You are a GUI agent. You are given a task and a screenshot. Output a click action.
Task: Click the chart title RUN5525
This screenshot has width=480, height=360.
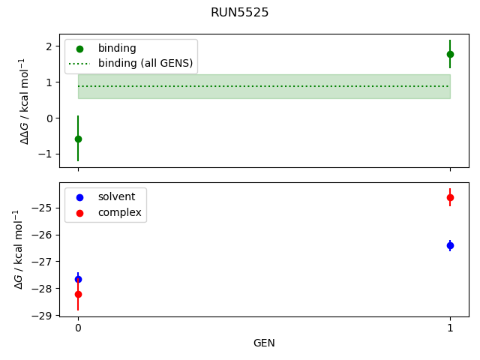click(240, 13)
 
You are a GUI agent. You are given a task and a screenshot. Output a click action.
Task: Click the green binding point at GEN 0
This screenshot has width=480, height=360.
click(78, 139)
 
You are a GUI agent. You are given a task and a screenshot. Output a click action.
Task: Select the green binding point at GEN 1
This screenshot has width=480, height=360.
click(450, 54)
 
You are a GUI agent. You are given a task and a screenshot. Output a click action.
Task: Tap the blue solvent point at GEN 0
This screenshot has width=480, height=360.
click(78, 279)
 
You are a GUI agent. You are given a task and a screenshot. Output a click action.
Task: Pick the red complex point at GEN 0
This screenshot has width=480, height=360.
click(78, 294)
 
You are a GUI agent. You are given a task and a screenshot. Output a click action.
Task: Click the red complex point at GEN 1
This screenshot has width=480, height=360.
click(450, 197)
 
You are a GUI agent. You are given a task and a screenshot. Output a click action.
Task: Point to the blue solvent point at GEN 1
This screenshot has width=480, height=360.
click(450, 245)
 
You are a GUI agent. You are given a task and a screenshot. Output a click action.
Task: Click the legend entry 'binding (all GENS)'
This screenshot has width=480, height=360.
click(145, 63)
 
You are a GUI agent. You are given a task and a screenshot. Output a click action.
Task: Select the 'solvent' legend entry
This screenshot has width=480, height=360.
click(116, 196)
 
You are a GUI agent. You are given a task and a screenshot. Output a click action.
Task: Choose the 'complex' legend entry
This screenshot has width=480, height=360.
click(119, 212)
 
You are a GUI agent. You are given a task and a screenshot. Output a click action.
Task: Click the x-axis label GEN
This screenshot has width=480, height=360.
click(264, 343)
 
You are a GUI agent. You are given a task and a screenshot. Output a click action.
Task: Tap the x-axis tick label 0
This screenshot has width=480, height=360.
click(78, 328)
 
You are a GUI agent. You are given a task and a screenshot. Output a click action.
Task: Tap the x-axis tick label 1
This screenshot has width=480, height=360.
click(450, 328)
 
